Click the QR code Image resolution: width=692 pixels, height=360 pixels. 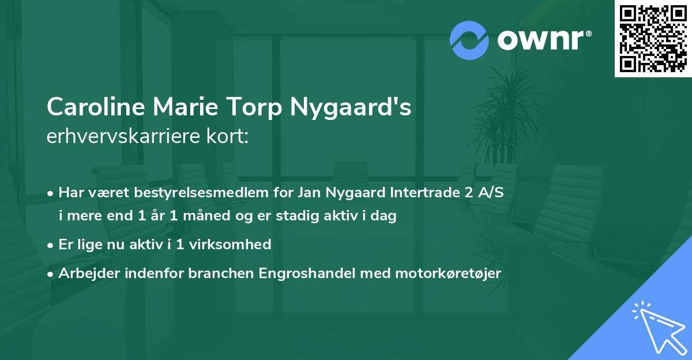[652, 39]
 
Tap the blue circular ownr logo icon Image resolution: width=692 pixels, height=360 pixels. [469, 40]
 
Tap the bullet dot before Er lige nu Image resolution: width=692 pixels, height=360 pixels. [51, 245]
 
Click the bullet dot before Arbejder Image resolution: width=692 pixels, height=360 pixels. [51, 273]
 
